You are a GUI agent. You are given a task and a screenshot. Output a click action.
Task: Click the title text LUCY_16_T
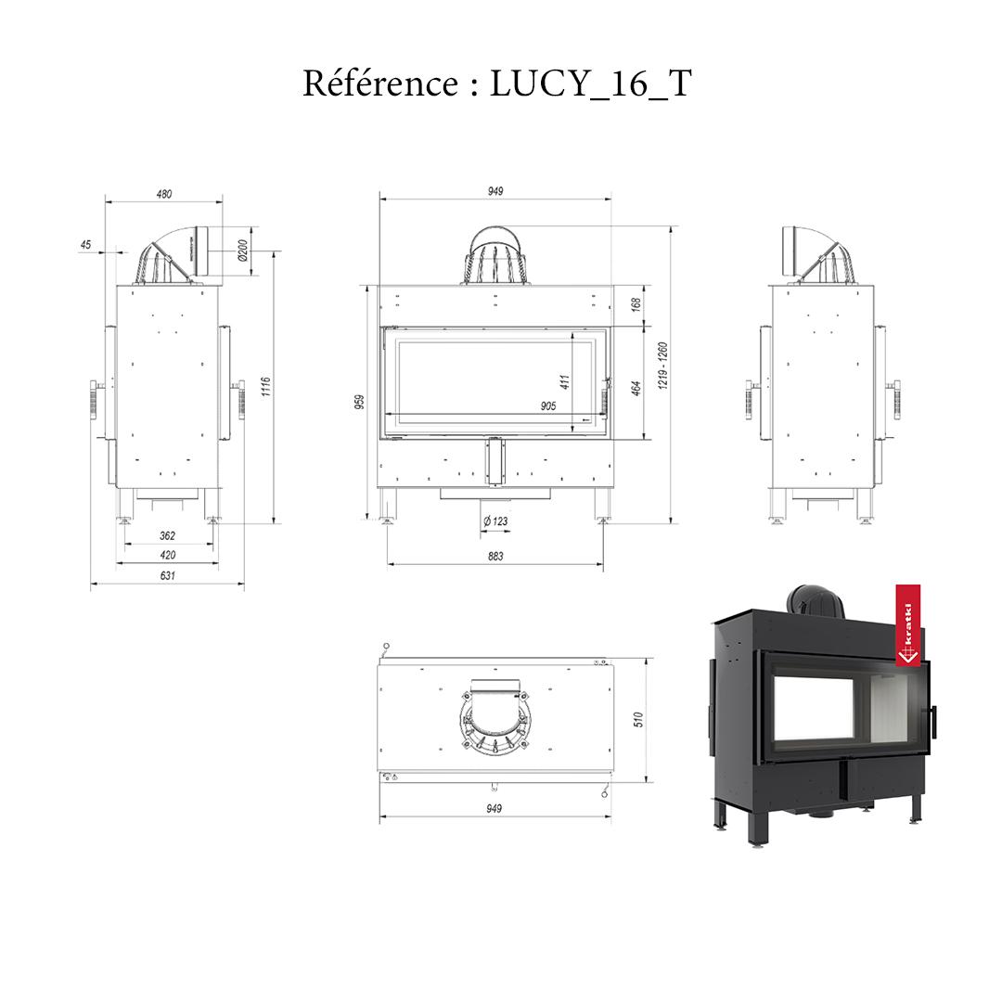[591, 84]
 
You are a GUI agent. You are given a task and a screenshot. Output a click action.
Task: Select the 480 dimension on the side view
[163, 194]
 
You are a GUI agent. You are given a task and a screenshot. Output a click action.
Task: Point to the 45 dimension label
[85, 245]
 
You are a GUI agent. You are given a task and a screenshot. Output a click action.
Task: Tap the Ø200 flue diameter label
[242, 250]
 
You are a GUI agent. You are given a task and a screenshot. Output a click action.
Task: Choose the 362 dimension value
[167, 535]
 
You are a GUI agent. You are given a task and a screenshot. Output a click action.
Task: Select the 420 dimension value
[167, 555]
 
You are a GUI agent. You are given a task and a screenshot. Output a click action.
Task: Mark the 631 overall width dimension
[167, 575]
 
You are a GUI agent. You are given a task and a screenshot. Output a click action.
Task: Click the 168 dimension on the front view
[636, 305]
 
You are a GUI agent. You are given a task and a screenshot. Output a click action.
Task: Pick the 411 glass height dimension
[564, 380]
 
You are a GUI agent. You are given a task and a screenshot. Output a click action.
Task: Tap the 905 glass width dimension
[547, 406]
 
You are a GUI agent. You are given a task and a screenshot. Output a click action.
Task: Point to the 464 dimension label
[636, 388]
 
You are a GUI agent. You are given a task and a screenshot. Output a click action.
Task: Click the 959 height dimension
[360, 401]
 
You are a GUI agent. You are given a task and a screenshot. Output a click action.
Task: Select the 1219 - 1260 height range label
[662, 366]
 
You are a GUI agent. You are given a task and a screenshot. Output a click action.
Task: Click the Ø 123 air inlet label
[495, 521]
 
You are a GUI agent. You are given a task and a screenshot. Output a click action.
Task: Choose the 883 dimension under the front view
[495, 556]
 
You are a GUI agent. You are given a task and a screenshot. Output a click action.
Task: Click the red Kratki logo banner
[908, 624]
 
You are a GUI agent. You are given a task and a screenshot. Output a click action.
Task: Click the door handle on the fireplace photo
[933, 721]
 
